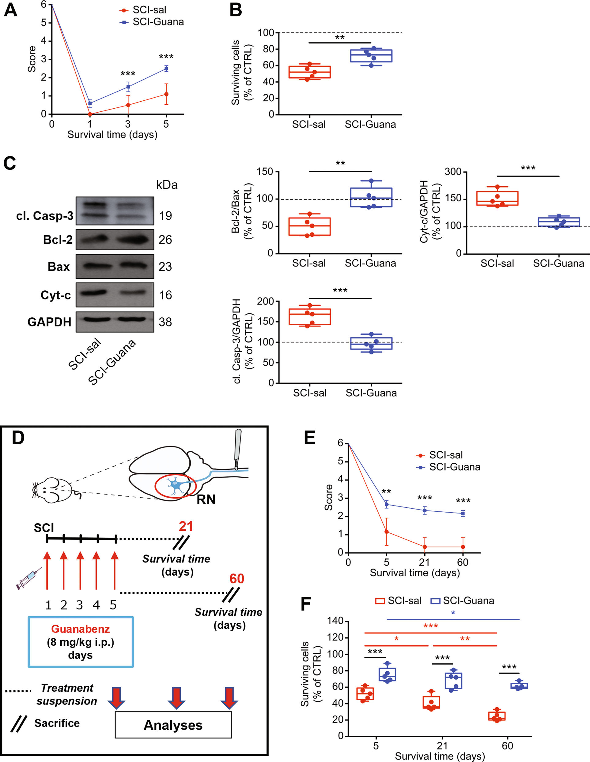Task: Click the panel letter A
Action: click(10, 10)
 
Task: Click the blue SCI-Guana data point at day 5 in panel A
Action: click(166, 69)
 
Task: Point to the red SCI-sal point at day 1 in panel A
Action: click(90, 114)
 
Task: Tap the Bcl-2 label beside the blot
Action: click(58, 240)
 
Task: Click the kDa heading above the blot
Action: click(167, 185)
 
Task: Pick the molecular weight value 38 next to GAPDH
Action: click(165, 322)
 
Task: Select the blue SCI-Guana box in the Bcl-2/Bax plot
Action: click(371, 197)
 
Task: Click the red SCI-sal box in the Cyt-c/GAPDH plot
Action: click(497, 198)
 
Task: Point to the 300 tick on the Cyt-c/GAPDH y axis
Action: click(453, 172)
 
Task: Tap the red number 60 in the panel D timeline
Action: click(236, 579)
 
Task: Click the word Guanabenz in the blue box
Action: click(80, 629)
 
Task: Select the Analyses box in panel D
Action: click(173, 725)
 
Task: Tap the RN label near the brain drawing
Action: click(206, 500)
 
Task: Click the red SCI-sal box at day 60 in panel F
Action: click(497, 716)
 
